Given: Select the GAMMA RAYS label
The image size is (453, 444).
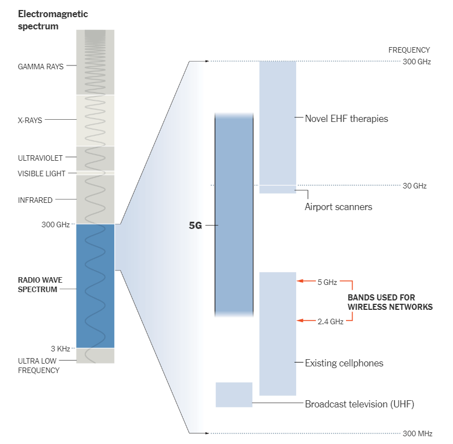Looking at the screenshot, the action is tap(40, 67).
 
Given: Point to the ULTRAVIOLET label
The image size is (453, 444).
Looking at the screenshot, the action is tap(40, 158).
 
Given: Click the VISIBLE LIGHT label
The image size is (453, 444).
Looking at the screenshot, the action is tap(42, 173).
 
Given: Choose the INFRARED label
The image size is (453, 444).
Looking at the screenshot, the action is tap(35, 200).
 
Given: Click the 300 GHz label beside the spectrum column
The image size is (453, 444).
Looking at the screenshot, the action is tap(55, 224).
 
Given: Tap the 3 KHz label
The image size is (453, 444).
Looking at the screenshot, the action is tap(60, 349).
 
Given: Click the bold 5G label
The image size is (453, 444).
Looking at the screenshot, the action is tap(196, 226).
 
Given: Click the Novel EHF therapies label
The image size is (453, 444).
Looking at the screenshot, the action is tap(346, 119).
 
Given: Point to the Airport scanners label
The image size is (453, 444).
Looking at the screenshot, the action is tap(338, 207).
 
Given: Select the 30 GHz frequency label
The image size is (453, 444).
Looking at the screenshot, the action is tap(414, 186).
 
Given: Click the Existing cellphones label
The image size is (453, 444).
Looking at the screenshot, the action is tap(344, 363).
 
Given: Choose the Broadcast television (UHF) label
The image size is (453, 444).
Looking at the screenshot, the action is tap(359, 404).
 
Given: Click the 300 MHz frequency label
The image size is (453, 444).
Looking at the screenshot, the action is tap(417, 433).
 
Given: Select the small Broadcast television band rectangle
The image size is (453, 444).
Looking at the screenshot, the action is tap(233, 395).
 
